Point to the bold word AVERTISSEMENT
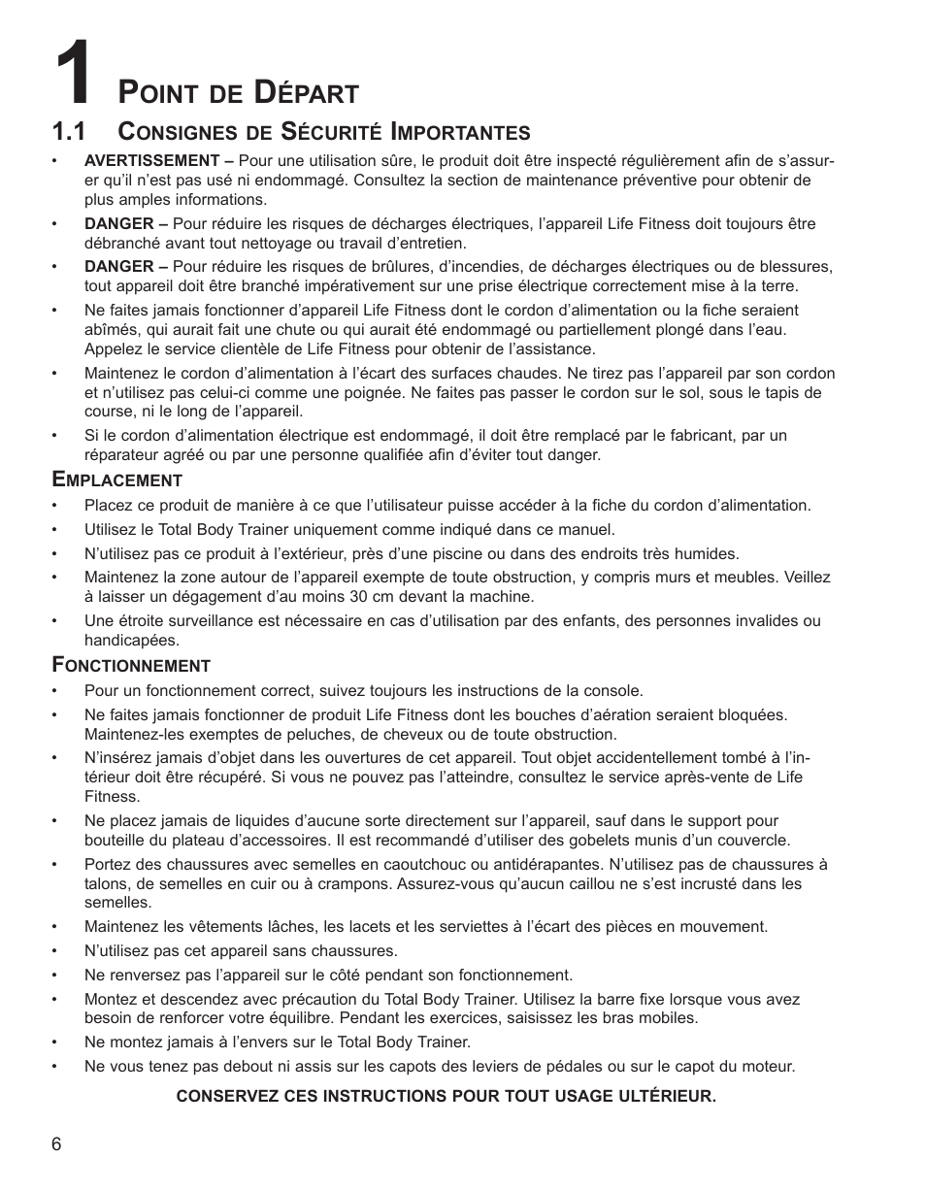tap(151, 160)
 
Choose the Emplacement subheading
tap(117, 480)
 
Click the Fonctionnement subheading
tap(131, 665)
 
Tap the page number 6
tap(57, 1143)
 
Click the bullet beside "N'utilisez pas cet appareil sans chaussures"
tap(58, 951)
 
